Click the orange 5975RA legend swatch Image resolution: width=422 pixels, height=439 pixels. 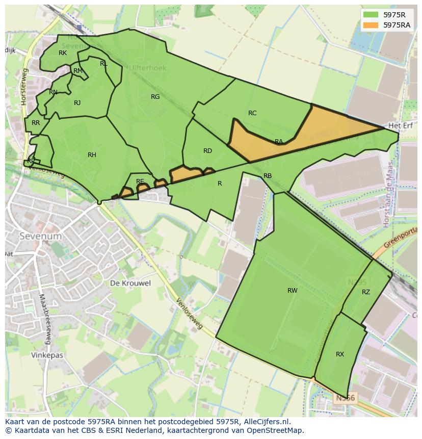(x=372, y=24)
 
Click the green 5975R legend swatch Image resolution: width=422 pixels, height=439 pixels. (x=372, y=15)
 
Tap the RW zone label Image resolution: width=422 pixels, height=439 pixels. (x=292, y=291)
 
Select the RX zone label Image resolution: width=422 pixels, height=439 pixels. (x=340, y=354)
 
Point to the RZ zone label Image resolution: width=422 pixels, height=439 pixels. (x=366, y=292)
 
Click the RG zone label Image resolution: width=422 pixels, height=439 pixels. (x=155, y=97)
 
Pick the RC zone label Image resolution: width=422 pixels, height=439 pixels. (x=252, y=113)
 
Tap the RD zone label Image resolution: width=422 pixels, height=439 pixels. (x=207, y=151)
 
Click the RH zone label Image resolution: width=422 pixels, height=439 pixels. (x=92, y=155)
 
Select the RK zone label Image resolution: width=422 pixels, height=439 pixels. (x=63, y=53)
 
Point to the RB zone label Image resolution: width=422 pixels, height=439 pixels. (x=268, y=176)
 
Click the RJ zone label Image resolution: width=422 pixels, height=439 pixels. (x=77, y=103)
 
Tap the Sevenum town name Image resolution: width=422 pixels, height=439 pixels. (x=40, y=237)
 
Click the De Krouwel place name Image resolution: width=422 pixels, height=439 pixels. (x=130, y=283)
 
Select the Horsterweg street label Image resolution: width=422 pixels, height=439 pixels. (x=23, y=91)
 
